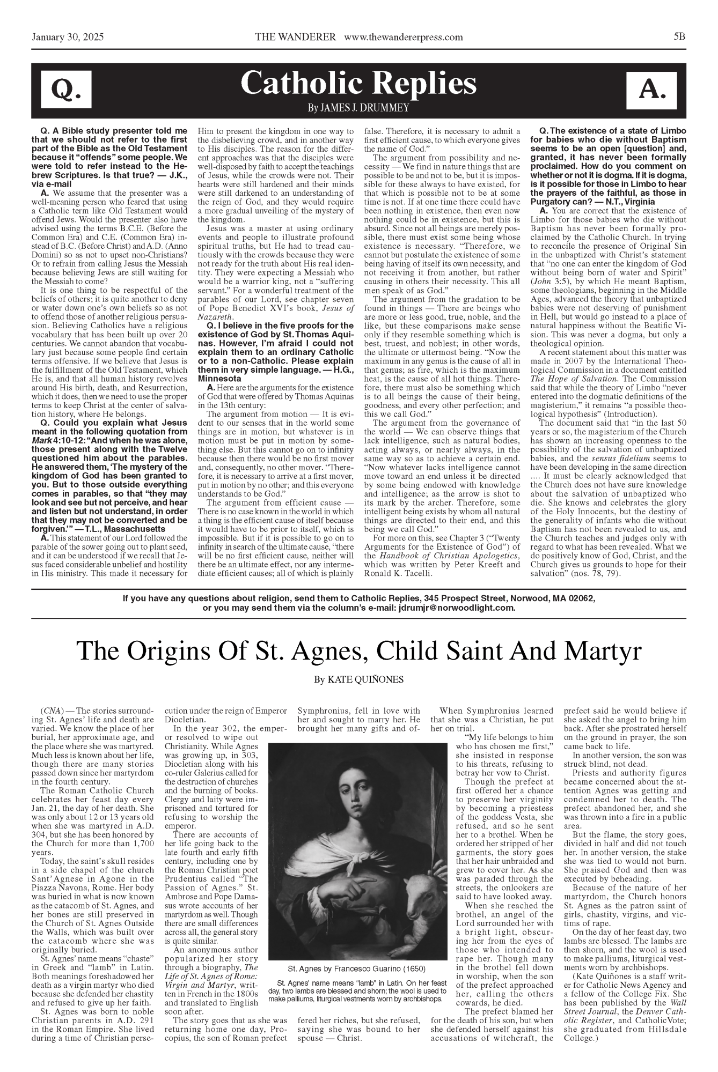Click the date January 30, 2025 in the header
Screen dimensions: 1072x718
click(68, 37)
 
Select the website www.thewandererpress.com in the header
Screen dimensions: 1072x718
click(404, 37)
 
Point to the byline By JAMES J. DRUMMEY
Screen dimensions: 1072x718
click(358, 108)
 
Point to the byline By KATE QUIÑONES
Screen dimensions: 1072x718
click(358, 680)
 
